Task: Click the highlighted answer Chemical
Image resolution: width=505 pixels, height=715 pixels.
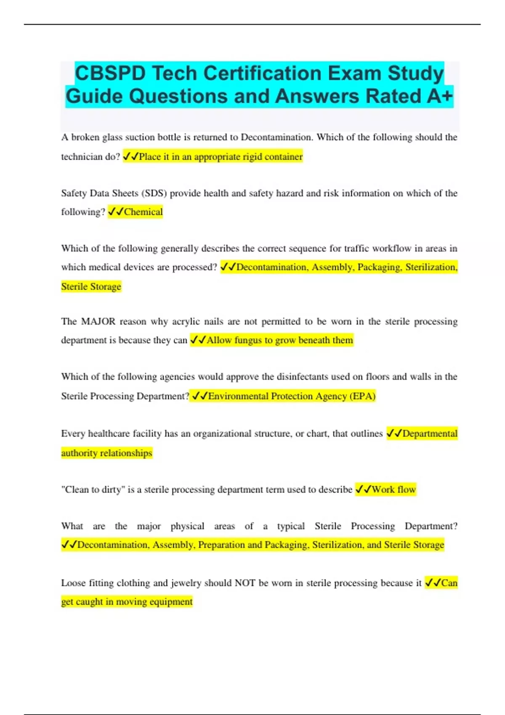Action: coord(143,212)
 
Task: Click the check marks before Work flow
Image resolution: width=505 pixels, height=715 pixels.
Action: coord(363,489)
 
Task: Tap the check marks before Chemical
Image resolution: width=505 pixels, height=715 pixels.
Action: coord(115,212)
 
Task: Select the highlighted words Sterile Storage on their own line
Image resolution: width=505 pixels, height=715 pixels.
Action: coord(91,286)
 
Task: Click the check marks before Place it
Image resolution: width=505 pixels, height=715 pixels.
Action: coord(130,156)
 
